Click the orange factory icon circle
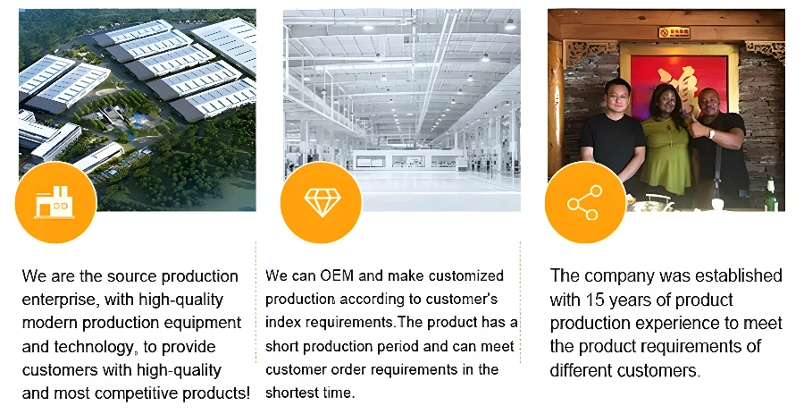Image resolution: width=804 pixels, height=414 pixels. [x=56, y=202]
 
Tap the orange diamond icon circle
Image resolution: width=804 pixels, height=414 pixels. [x=321, y=202]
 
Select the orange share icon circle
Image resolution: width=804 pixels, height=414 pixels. [x=585, y=202]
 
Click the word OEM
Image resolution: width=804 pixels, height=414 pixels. [x=337, y=275]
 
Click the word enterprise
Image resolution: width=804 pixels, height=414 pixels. [x=59, y=300]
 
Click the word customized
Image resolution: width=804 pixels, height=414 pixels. [x=466, y=275]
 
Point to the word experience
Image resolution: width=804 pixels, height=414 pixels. [x=675, y=323]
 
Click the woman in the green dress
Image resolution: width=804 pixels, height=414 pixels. [x=666, y=146]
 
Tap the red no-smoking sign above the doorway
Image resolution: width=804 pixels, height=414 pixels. [x=674, y=33]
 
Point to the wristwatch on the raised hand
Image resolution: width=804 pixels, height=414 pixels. [x=711, y=134]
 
